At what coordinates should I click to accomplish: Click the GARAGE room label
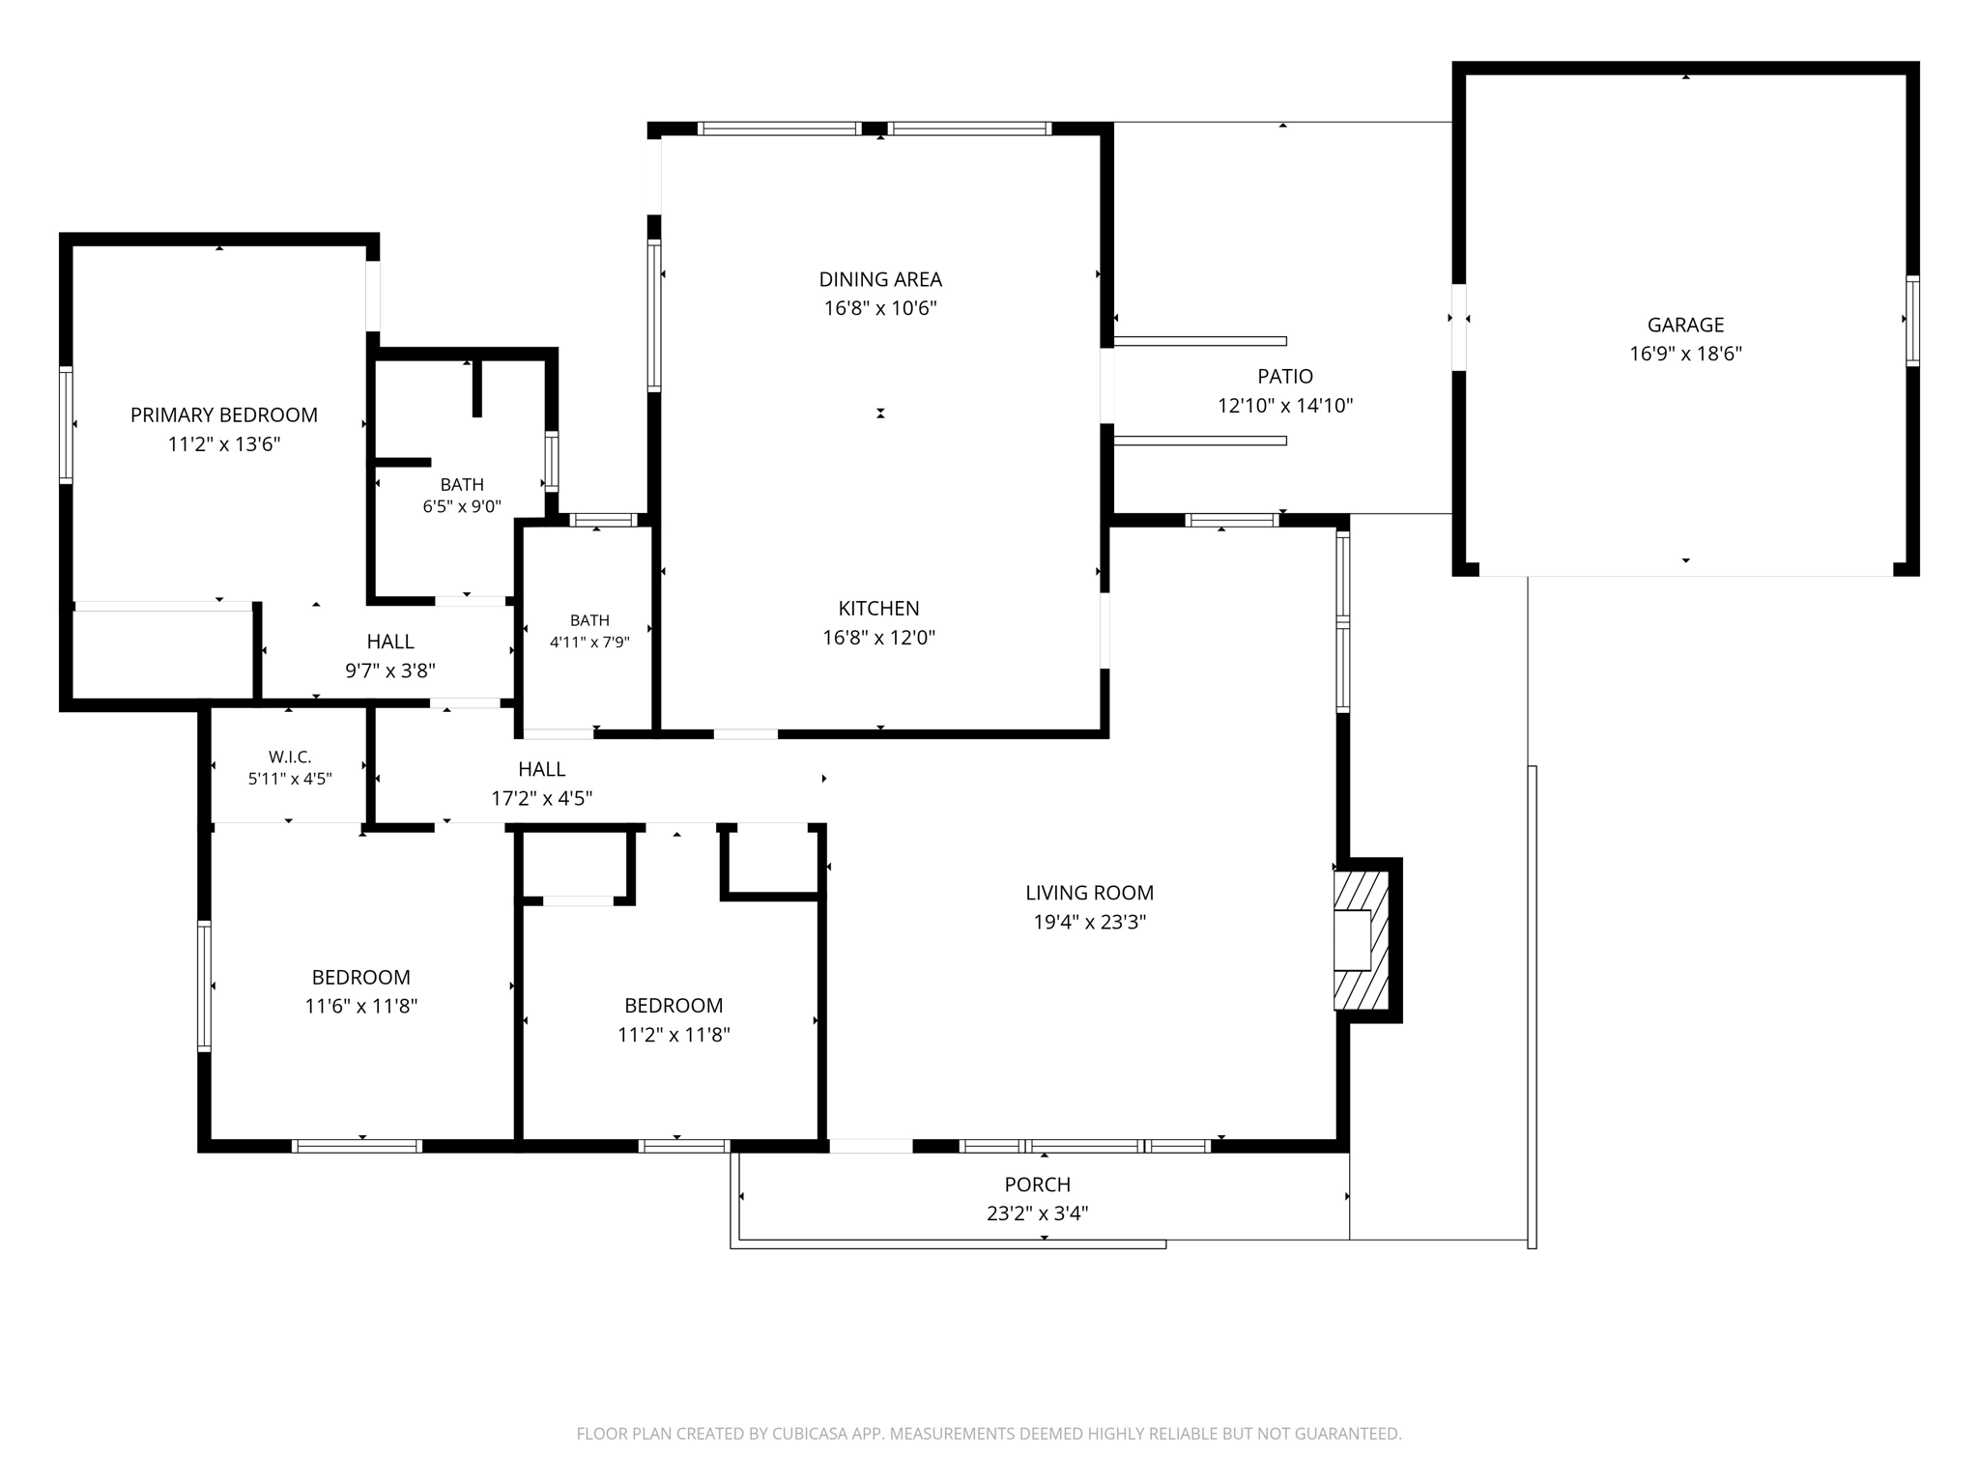(1685, 325)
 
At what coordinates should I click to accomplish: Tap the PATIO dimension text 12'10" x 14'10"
(1285, 406)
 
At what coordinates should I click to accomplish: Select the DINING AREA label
(880, 279)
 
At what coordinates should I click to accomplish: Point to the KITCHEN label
(878, 609)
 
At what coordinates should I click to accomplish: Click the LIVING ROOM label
(1089, 893)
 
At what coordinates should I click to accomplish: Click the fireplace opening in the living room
(1352, 940)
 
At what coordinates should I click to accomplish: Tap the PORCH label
(1038, 1184)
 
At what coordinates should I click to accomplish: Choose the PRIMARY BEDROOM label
(224, 415)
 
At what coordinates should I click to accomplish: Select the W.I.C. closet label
(290, 757)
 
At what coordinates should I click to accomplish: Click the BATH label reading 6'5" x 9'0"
(462, 495)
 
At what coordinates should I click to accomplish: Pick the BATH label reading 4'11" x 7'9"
(589, 631)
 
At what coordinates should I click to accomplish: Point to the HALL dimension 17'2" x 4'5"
(541, 799)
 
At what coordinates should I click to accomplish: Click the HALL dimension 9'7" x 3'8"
(390, 671)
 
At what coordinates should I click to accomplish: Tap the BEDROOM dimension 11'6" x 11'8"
(361, 1007)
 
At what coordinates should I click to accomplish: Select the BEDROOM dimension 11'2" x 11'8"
(674, 1036)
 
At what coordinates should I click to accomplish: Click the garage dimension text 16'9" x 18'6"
(1685, 354)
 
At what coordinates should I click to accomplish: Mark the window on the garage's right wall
(1912, 321)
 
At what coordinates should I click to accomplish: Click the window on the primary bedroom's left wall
(66, 424)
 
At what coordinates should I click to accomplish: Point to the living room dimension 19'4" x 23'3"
(1089, 923)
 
